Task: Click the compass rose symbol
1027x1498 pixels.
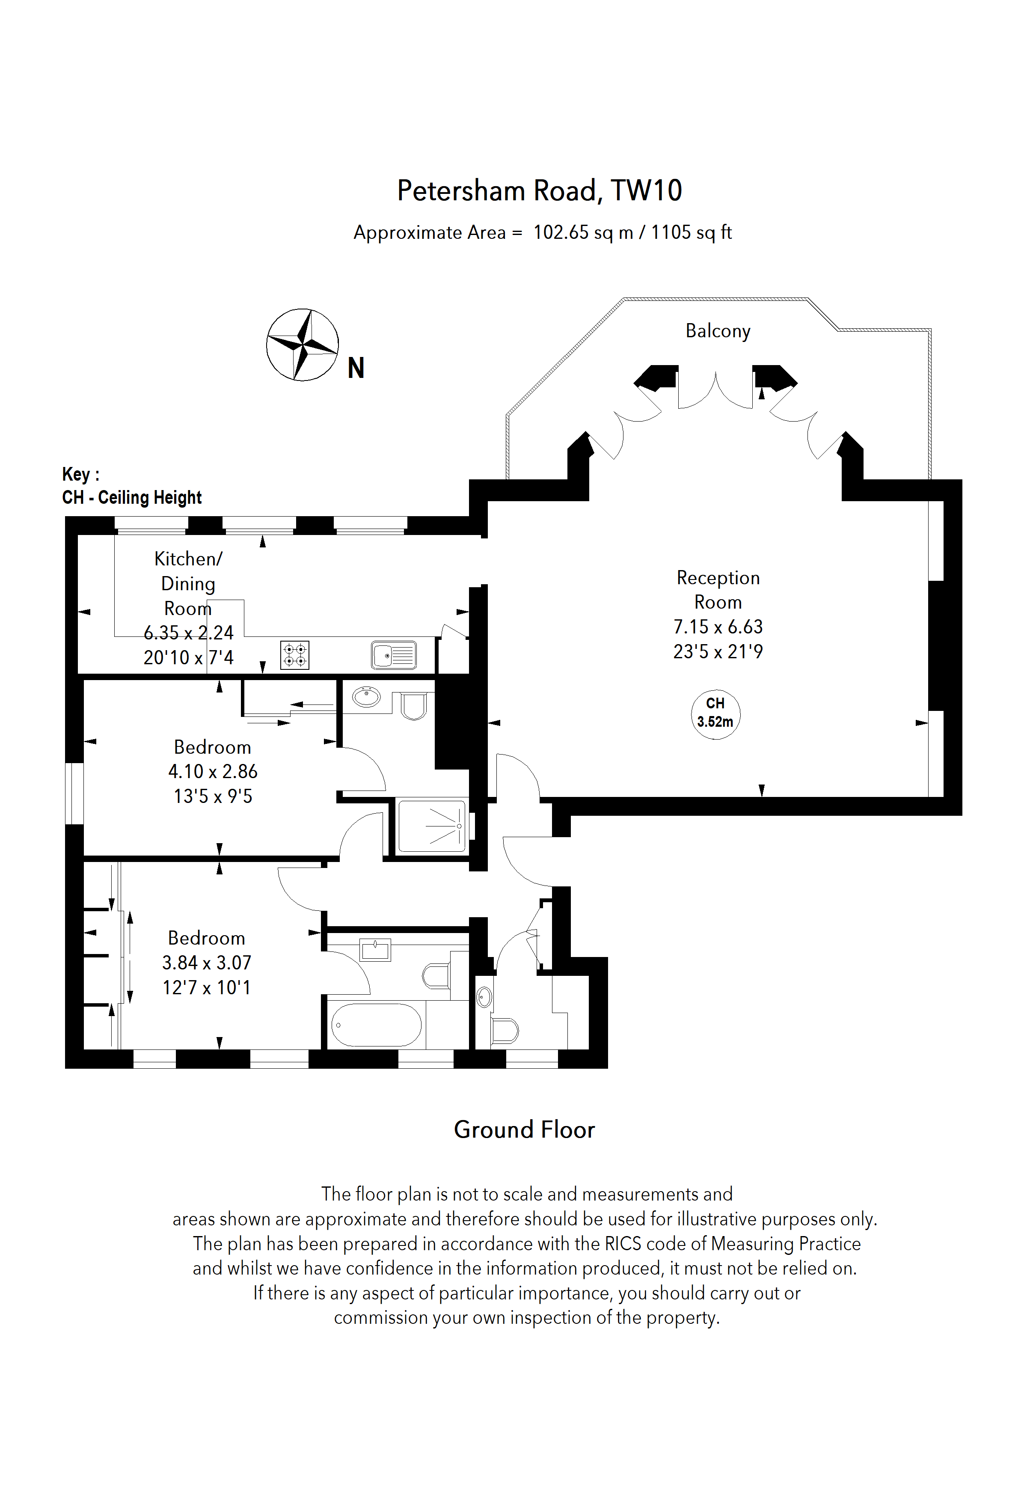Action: [302, 345]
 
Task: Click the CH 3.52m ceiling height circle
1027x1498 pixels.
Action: [715, 713]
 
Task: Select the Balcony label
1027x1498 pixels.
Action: [718, 331]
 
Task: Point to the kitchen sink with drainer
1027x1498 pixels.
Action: [394, 656]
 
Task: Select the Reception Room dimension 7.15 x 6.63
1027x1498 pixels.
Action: [718, 627]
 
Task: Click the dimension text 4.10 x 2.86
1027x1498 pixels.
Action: [213, 772]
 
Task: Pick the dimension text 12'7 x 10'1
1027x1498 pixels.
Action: [206, 987]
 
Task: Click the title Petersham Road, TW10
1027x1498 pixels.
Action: [539, 191]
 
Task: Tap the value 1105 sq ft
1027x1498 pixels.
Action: [692, 233]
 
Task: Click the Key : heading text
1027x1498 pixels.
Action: [80, 474]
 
